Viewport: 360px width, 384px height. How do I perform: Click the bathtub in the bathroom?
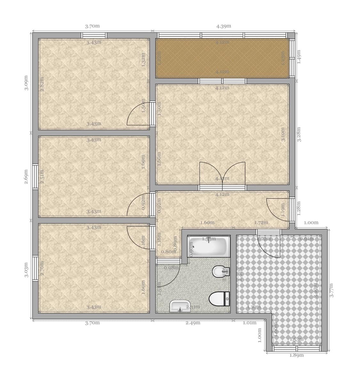(x=209, y=246)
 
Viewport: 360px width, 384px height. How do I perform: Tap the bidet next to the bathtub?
(x=221, y=272)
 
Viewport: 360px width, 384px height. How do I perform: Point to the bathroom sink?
(x=180, y=306)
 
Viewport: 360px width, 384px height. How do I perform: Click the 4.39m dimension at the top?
(x=223, y=26)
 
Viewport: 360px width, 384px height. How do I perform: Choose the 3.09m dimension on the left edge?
(x=27, y=83)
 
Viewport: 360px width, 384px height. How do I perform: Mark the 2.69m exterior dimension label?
(x=27, y=176)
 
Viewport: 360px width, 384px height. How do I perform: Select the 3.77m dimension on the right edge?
(x=332, y=290)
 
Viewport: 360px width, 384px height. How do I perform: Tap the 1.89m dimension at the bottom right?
(x=296, y=355)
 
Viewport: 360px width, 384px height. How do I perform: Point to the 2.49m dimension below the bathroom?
(x=193, y=323)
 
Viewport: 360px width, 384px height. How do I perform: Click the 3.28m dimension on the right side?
(x=299, y=135)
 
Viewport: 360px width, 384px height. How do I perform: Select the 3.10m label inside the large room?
(x=283, y=135)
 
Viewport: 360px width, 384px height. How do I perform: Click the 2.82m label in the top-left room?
(x=42, y=84)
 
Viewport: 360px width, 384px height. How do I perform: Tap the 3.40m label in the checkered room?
(x=316, y=290)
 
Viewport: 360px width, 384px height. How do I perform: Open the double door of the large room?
(x=222, y=174)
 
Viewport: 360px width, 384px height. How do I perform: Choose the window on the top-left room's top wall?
(x=94, y=35)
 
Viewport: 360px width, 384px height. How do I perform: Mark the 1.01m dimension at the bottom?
(x=250, y=323)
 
